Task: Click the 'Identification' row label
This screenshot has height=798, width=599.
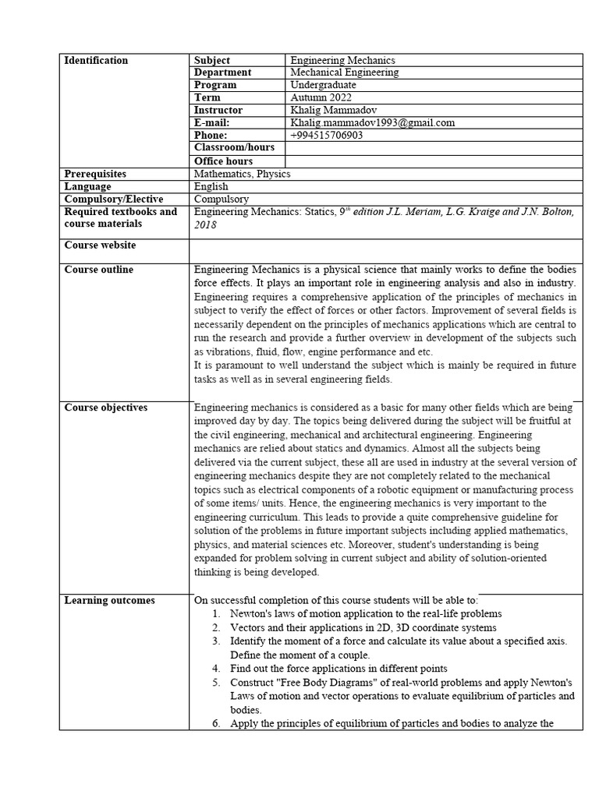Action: [96, 61]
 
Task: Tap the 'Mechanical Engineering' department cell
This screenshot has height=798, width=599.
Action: [344, 72]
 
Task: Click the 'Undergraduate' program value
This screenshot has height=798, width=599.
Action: [323, 85]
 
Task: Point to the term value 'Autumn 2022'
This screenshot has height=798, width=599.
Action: [321, 97]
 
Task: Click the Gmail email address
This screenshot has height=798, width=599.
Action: [372, 122]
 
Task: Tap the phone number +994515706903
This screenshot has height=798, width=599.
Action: [326, 135]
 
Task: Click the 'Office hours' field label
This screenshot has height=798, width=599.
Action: [223, 161]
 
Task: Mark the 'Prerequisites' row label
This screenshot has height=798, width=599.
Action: [95, 174]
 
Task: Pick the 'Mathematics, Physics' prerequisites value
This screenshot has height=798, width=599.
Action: [242, 174]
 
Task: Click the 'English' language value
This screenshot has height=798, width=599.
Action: [211, 186]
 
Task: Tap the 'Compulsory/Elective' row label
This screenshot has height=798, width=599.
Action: [114, 199]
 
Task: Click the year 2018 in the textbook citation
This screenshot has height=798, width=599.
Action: [205, 224]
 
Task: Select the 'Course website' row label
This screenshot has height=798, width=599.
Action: [100, 245]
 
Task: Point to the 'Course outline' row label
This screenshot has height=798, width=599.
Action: [98, 270]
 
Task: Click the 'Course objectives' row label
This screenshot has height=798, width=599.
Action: [105, 408]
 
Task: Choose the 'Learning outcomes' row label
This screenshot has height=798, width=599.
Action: [109, 600]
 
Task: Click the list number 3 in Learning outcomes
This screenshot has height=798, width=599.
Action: [216, 641]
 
